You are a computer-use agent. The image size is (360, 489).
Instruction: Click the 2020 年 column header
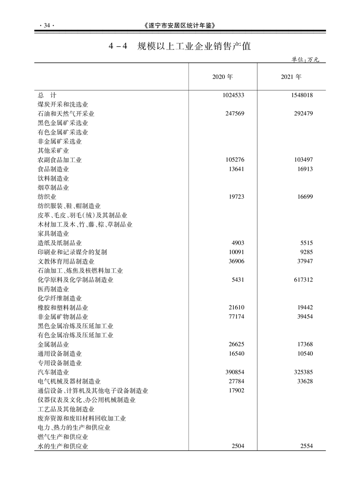pos(222,77)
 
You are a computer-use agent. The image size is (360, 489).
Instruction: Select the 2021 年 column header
pos(291,77)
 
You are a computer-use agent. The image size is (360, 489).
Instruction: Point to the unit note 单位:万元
pos(308,59)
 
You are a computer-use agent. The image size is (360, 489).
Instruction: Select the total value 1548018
pos(300,95)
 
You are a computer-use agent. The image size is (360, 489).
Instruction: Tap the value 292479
pos(303,114)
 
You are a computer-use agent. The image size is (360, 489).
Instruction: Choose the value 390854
pos(234,372)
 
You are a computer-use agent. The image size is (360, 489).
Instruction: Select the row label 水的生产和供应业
pos(63,446)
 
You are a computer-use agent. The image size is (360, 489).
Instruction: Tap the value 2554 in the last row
pos(306,446)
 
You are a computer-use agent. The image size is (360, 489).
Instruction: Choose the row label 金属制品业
pos(53,344)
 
